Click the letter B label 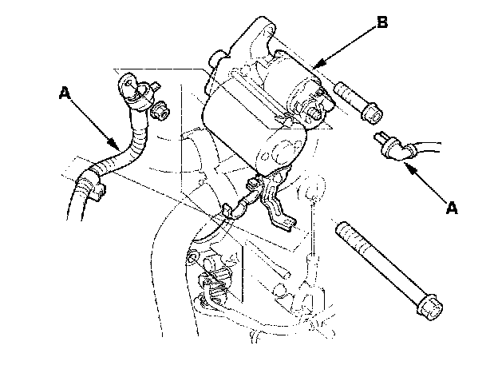[x=382, y=22]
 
